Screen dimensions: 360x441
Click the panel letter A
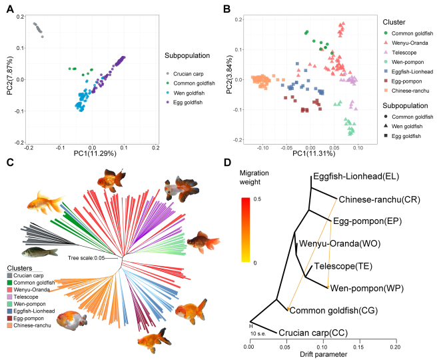click(x=10, y=9)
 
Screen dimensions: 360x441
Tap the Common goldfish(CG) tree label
click(x=330, y=310)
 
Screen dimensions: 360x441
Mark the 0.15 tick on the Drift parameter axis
click(x=359, y=345)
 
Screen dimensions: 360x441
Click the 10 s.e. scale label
click(x=260, y=333)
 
